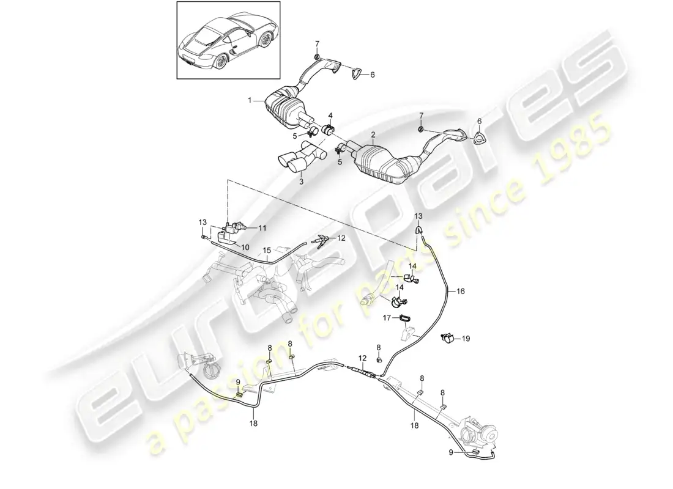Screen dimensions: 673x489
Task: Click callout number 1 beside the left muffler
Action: click(250, 100)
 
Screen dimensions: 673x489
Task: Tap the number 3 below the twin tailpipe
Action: click(301, 182)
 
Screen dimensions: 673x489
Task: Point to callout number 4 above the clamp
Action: click(330, 116)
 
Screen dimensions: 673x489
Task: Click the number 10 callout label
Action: click(245, 248)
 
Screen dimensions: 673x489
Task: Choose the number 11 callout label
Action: click(262, 228)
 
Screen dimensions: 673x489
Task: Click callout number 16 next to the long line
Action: click(461, 291)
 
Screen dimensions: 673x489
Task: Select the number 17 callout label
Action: click(387, 318)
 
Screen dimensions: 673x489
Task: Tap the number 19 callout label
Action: click(466, 339)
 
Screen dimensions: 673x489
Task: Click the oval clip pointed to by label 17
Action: click(405, 318)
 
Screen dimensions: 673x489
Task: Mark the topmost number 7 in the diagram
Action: click(317, 43)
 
